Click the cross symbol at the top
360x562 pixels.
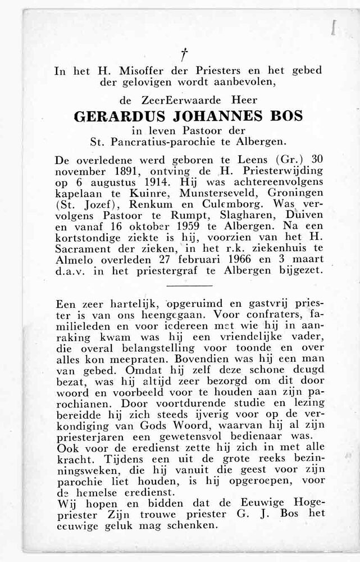pos(183,54)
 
